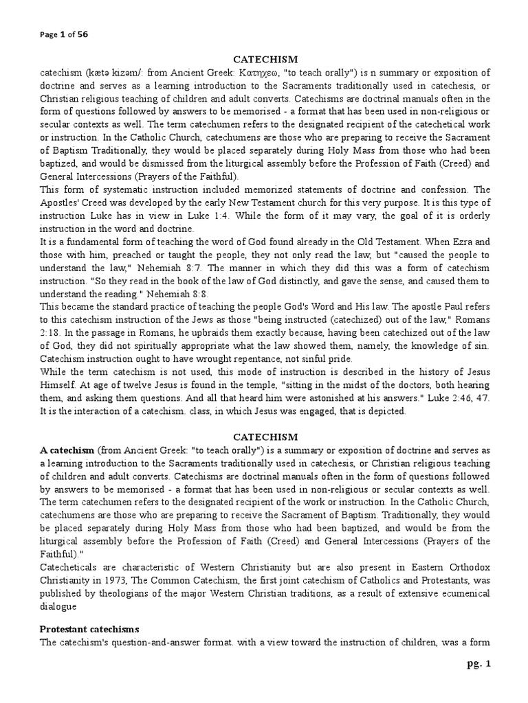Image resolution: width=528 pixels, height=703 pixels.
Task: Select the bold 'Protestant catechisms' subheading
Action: pos(80,629)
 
